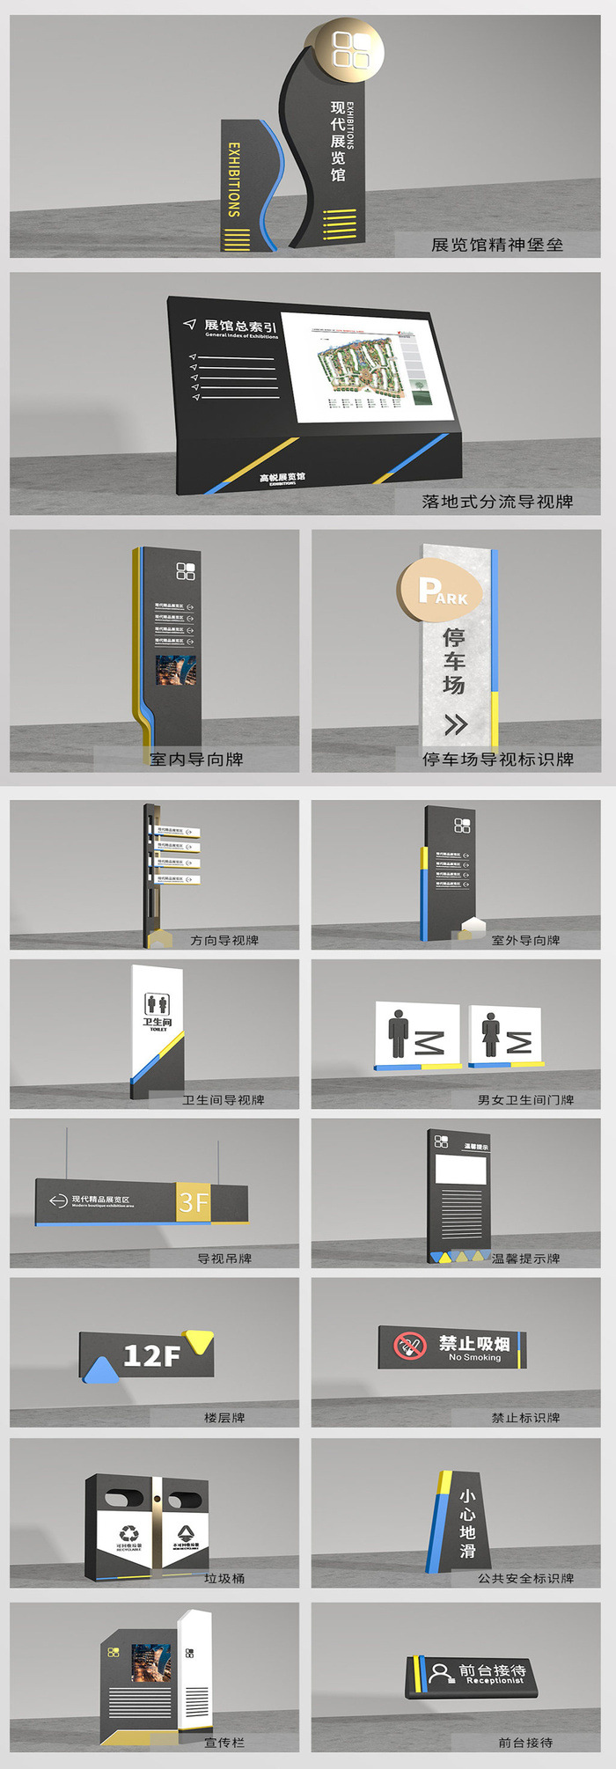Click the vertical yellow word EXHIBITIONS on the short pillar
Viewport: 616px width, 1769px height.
234,180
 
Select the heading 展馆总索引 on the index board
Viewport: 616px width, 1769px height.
240,327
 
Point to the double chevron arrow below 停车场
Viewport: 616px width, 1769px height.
455,724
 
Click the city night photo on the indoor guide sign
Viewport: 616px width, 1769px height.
176,670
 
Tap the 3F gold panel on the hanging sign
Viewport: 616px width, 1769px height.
194,1202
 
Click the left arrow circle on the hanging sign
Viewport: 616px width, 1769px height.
59,1201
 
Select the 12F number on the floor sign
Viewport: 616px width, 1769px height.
152,1356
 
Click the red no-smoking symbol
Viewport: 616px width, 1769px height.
409,1346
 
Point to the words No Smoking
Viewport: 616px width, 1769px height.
474,1358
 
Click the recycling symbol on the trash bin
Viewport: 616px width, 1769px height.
128,1533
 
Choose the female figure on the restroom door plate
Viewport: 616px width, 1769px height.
490,1034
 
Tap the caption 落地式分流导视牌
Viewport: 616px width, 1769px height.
497,502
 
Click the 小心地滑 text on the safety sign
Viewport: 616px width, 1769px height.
467,1522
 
